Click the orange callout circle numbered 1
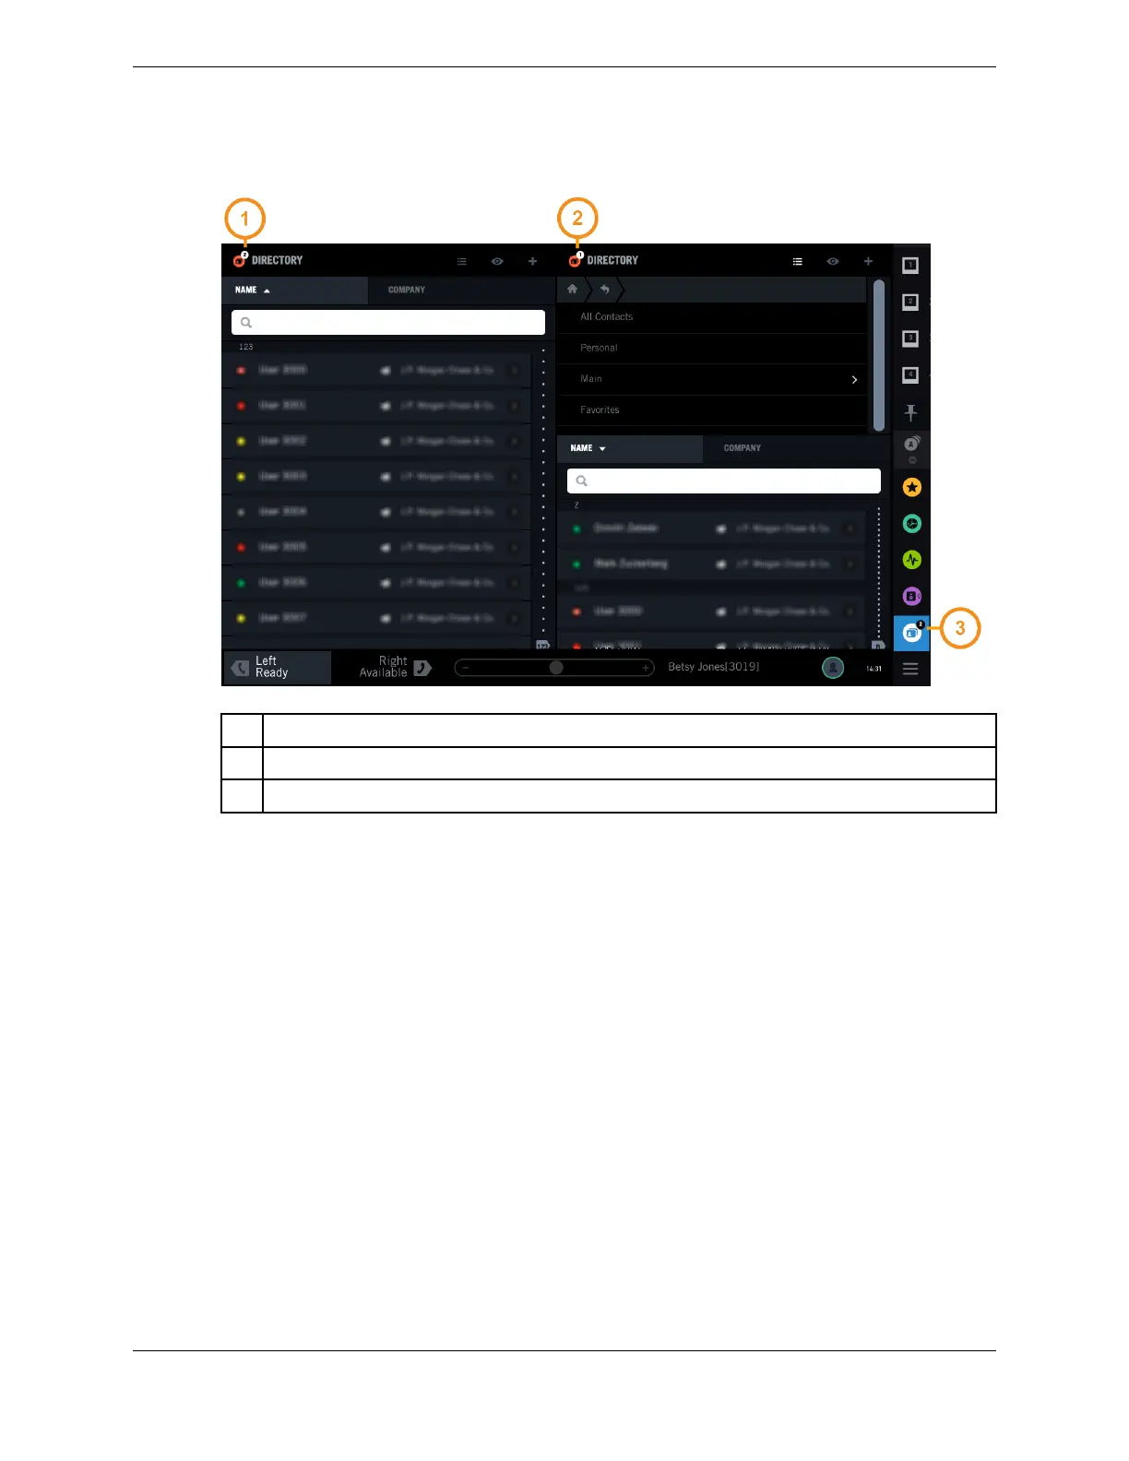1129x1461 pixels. click(244, 219)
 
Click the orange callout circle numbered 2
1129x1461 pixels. click(577, 219)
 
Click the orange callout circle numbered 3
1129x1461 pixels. click(959, 628)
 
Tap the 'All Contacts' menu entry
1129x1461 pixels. click(606, 316)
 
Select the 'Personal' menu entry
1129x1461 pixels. click(599, 348)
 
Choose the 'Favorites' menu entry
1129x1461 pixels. click(600, 410)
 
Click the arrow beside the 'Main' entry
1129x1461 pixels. click(854, 379)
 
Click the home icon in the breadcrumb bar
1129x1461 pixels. click(572, 289)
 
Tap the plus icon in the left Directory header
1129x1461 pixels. click(532, 261)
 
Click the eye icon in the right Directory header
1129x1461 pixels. click(832, 261)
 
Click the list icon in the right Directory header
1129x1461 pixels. click(798, 261)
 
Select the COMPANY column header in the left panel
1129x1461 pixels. click(407, 290)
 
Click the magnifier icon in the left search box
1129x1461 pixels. click(246, 322)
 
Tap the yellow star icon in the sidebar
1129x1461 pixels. click(911, 486)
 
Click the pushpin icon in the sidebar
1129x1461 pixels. click(910, 412)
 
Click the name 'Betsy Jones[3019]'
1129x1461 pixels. click(713, 667)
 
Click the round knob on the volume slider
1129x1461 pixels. click(556, 667)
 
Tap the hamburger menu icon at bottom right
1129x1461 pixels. click(910, 669)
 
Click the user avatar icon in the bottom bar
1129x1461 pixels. click(832, 668)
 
